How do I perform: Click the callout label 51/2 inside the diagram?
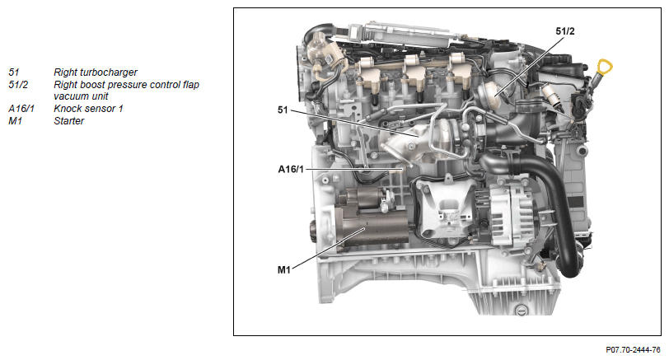(565, 31)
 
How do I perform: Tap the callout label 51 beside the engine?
(283, 110)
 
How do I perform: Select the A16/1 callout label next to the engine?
(291, 170)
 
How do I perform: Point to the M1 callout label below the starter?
(284, 269)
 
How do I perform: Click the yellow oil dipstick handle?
(604, 68)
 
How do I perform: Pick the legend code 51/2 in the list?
(18, 85)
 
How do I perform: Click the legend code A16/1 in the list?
(21, 109)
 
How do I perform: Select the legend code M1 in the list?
(15, 121)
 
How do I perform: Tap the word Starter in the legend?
(69, 121)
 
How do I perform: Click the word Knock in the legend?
(67, 109)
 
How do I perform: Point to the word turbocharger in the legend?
(109, 72)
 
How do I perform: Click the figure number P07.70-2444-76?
(633, 350)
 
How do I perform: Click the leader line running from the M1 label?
(329, 248)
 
